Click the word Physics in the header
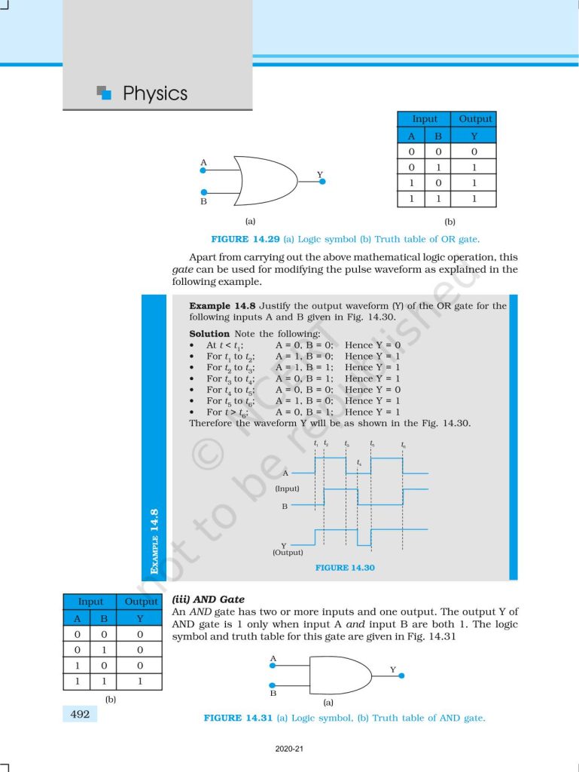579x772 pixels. (154, 93)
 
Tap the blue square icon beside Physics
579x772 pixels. (105, 93)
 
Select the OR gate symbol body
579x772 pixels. (264, 180)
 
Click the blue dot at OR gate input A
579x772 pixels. (203, 170)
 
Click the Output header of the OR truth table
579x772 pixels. (475, 119)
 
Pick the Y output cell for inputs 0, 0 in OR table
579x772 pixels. (474, 152)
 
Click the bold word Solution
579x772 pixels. (209, 333)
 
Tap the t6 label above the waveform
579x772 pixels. (404, 445)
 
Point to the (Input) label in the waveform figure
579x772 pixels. (287, 489)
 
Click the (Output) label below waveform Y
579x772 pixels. (288, 553)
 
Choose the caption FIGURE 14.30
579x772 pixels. (345, 568)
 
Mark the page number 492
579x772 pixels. (80, 713)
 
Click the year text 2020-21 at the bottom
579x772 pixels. (289, 749)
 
